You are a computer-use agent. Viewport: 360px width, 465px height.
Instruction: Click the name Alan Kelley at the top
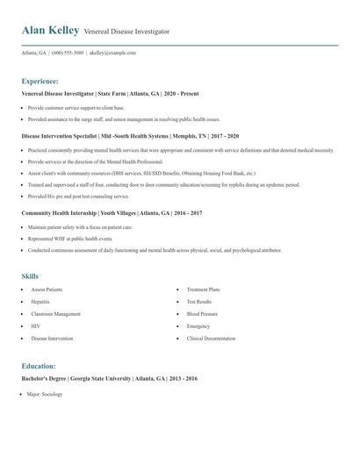click(x=49, y=31)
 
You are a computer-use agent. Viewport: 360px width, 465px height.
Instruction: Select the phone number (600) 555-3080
click(x=68, y=53)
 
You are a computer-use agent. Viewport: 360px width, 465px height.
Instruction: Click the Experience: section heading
click(x=40, y=80)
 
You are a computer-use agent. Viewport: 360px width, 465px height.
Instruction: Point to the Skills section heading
click(x=30, y=276)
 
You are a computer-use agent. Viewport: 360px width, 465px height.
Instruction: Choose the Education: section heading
click(x=39, y=366)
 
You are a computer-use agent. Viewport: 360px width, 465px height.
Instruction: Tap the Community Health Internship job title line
click(x=112, y=213)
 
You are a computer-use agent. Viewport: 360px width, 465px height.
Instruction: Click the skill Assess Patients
click(x=47, y=289)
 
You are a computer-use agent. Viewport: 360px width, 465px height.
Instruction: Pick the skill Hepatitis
click(x=41, y=301)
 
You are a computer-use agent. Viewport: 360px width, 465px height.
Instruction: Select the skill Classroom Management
click(x=55, y=313)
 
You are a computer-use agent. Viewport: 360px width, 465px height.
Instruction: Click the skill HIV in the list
click(x=35, y=325)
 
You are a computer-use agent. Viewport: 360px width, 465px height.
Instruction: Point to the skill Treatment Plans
click(x=203, y=289)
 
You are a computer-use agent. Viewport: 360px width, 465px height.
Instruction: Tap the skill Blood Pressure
click(x=202, y=313)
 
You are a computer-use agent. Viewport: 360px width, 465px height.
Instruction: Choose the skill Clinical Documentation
click(x=211, y=338)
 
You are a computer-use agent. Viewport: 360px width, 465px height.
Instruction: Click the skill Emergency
click(x=198, y=325)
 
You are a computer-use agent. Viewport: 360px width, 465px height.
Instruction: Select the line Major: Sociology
click(x=45, y=394)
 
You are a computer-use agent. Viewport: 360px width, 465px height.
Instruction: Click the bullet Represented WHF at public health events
click(x=69, y=238)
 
